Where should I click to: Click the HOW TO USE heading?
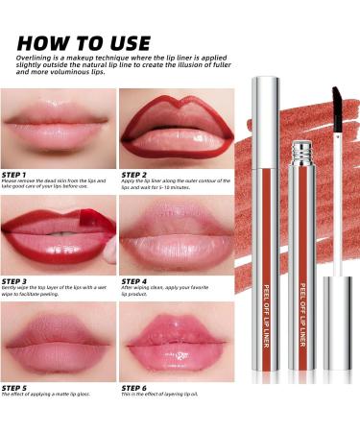(84, 42)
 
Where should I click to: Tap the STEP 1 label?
(19, 173)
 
